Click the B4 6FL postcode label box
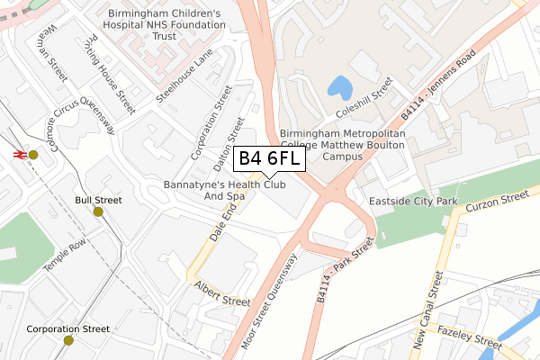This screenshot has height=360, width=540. (270, 158)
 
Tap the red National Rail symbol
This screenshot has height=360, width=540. (17, 154)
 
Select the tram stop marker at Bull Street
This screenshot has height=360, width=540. (98, 211)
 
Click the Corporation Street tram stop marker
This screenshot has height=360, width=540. (68, 340)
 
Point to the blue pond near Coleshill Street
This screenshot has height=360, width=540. (341, 87)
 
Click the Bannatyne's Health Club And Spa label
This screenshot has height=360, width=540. (224, 190)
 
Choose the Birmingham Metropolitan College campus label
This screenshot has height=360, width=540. (342, 144)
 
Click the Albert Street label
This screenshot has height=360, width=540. (221, 292)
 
